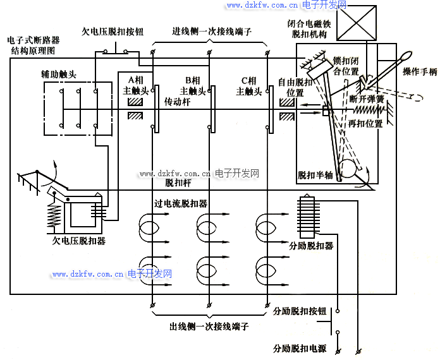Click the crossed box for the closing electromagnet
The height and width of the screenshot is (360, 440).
(x=357, y=23)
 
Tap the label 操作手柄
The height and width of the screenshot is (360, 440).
(x=420, y=72)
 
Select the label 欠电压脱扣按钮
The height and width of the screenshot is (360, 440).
(x=113, y=32)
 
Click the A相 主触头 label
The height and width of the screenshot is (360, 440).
(x=135, y=85)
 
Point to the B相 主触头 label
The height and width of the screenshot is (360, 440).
(x=193, y=85)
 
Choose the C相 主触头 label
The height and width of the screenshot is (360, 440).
(x=249, y=86)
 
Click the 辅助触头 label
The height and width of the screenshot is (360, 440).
(x=59, y=75)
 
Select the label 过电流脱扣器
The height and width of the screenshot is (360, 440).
(x=181, y=203)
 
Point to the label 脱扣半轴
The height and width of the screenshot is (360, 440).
(x=315, y=175)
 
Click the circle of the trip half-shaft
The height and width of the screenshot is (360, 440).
(x=347, y=169)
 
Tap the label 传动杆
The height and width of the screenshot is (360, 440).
(x=178, y=102)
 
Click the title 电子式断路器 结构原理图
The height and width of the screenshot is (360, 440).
(x=34, y=45)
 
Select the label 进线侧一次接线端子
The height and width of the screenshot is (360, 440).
(x=212, y=32)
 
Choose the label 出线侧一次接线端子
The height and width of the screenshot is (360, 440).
(x=209, y=327)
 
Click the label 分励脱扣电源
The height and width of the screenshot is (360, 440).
(x=300, y=349)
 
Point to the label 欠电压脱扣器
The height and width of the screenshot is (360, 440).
(x=79, y=241)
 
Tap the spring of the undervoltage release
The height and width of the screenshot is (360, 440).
(x=54, y=215)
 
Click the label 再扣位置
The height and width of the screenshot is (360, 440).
(x=365, y=123)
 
